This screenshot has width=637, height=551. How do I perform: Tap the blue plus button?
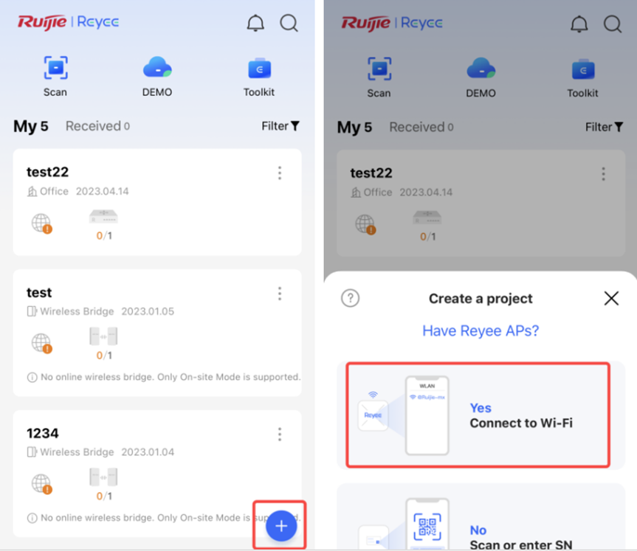281,526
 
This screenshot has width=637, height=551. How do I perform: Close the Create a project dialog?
611,298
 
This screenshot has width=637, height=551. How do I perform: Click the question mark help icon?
350,298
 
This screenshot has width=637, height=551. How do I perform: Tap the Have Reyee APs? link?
481,330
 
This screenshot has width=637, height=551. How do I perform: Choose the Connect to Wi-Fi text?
521,423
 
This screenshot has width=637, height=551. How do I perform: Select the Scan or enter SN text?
521,544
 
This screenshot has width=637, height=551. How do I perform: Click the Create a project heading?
481,299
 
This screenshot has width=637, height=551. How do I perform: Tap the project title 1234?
43,433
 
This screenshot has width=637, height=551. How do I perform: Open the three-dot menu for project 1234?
280,434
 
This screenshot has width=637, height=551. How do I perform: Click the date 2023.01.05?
148,311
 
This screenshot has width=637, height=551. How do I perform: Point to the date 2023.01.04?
148,452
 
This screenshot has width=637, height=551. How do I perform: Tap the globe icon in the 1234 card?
41,483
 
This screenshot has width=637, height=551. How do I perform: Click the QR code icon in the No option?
427,527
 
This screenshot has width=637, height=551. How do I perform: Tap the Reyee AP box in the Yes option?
373,415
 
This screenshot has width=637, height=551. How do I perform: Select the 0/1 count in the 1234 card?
104,496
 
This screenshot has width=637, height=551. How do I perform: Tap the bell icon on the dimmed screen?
579,24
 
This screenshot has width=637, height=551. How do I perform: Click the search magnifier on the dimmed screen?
613,24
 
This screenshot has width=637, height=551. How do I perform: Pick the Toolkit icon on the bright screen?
259,69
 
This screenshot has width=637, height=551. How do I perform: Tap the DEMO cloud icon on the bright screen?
157,67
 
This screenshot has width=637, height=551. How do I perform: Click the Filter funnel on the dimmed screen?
619,127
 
